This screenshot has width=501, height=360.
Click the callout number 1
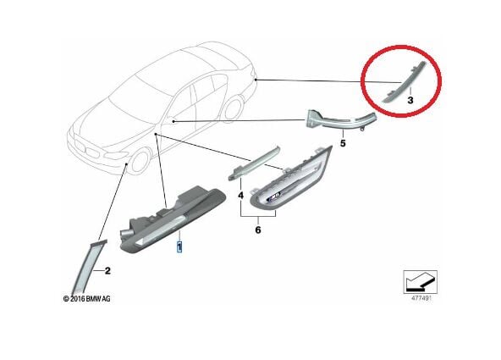[x=178, y=246]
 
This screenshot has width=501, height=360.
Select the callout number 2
[x=107, y=271]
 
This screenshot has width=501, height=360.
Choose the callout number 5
[x=343, y=143]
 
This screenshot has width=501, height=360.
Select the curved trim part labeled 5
[x=342, y=119]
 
